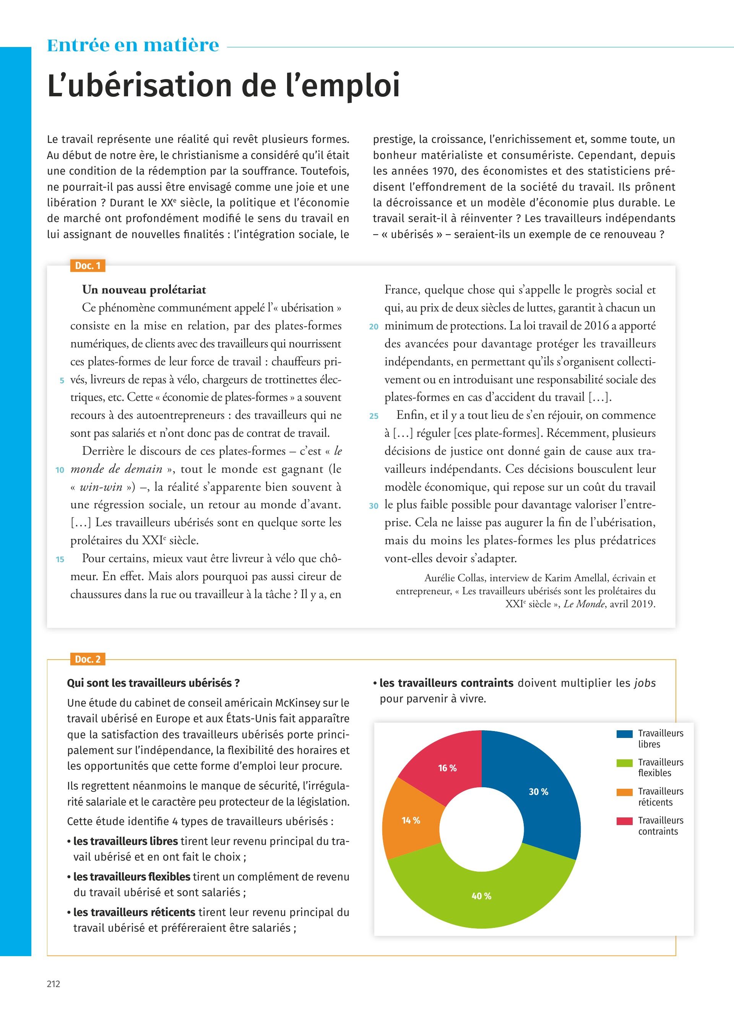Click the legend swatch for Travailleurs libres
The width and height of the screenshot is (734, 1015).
[x=624, y=734]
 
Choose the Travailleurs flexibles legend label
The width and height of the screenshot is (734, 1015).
[x=661, y=767]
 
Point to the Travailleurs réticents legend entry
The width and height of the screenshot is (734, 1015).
[x=661, y=797]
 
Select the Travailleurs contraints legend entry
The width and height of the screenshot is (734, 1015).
[x=661, y=826]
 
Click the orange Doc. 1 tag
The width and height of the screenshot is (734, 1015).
[x=88, y=266]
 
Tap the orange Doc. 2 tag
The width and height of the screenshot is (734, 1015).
[x=88, y=659]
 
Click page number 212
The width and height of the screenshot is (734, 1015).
[x=53, y=984]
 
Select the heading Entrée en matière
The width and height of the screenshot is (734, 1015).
[x=133, y=45]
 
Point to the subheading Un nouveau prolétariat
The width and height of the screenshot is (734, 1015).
[x=144, y=290]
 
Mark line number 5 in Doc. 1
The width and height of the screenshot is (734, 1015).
[x=62, y=380]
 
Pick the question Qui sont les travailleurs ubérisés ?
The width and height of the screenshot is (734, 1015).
[x=153, y=683]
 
